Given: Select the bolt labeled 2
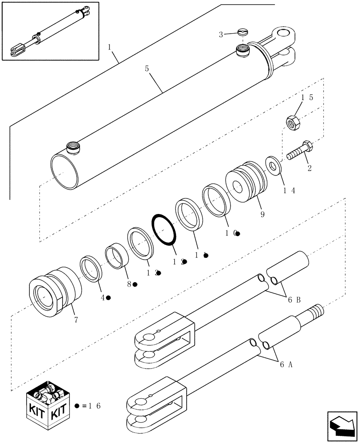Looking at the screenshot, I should click(300, 151).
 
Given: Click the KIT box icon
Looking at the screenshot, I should click(48, 400).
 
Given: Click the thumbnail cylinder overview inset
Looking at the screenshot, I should click(50, 31).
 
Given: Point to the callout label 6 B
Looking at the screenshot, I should click(294, 300).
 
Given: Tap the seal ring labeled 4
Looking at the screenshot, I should click(91, 268).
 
